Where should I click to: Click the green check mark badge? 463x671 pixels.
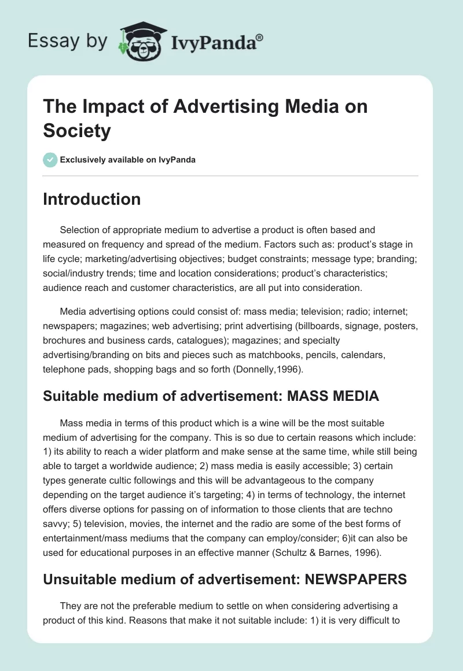[x=50, y=160]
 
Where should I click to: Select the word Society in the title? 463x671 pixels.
[x=76, y=131]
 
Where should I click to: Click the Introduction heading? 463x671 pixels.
[x=91, y=199]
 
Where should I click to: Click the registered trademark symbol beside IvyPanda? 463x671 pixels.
[x=260, y=37]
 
